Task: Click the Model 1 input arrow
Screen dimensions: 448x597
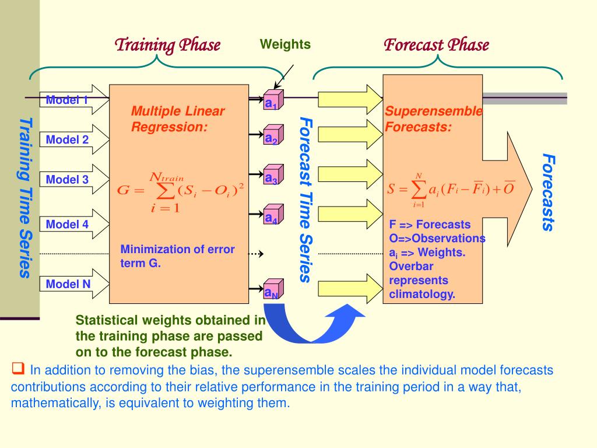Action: click(x=73, y=100)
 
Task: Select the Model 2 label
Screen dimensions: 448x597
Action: click(x=67, y=139)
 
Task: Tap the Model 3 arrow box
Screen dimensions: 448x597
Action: click(x=73, y=180)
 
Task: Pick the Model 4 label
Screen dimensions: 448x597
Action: click(x=67, y=224)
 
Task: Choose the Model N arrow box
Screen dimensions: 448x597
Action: click(x=73, y=285)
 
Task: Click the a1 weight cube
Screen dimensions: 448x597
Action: click(x=272, y=101)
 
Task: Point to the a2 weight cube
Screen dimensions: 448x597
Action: click(x=272, y=136)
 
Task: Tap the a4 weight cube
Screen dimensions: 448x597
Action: click(x=272, y=216)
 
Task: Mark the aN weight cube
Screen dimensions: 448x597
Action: click(x=272, y=290)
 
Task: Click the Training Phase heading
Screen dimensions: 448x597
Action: click(x=167, y=45)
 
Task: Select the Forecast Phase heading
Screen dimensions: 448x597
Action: click(x=436, y=45)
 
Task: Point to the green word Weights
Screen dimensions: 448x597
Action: click(x=285, y=44)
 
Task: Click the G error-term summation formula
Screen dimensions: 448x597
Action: click(x=180, y=191)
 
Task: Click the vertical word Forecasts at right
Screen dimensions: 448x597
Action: click(x=547, y=192)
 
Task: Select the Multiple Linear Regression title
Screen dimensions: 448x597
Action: click(x=177, y=119)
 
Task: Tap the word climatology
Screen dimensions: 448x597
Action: click(x=422, y=294)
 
